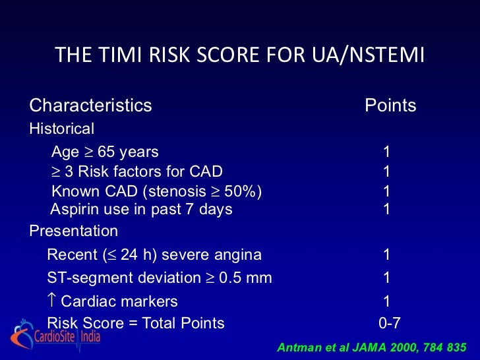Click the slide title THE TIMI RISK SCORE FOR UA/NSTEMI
coord(240,55)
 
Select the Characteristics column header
coord(91,105)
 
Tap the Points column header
coord(390,105)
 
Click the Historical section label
coord(62,129)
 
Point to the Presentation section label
coord(74,231)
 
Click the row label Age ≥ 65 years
coord(105,152)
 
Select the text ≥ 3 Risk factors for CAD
coord(137,172)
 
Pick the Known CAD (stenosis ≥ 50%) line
coord(156,192)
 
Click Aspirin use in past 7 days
coord(142,210)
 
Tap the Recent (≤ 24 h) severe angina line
coord(154,255)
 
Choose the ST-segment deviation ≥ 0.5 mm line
coord(160,278)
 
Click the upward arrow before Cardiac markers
coord(52,301)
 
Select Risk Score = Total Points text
coord(136,323)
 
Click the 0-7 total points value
coord(389,323)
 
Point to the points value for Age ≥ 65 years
coord(387,152)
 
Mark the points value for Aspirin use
coord(387,210)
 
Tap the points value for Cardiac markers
coord(387,301)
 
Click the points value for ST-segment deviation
coord(387,278)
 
